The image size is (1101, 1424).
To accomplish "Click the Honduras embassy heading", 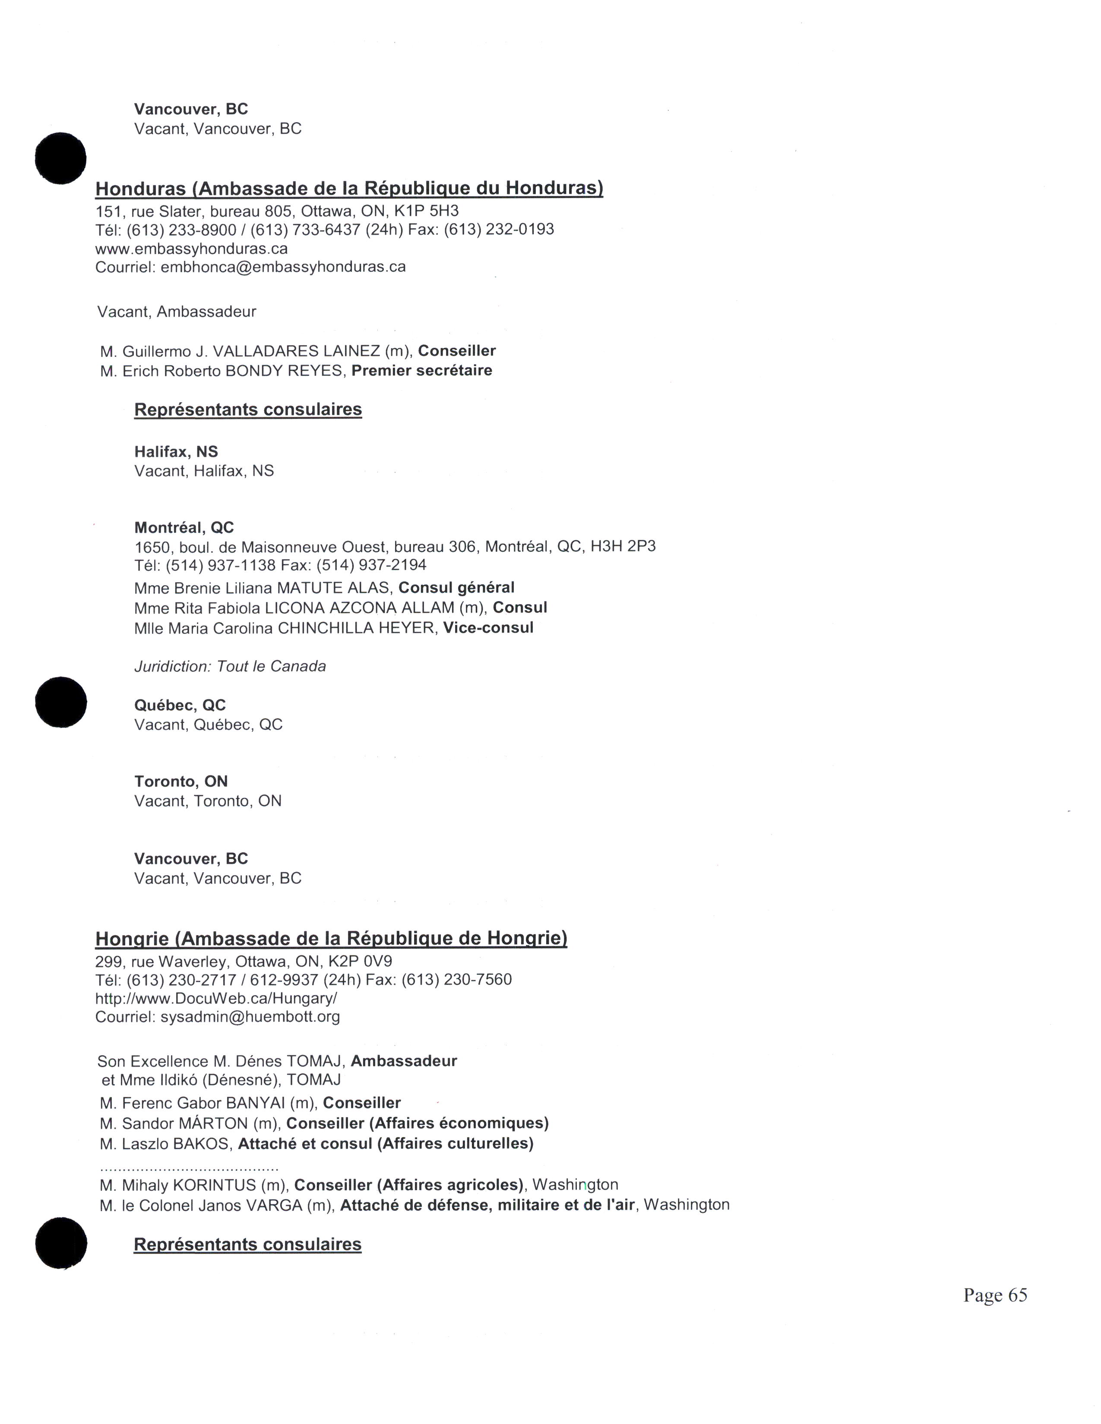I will [x=349, y=189].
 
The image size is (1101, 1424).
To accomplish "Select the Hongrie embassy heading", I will [x=331, y=938].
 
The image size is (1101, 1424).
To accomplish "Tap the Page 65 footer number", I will [x=995, y=1295].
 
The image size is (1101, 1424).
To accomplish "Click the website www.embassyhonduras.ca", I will [x=191, y=249].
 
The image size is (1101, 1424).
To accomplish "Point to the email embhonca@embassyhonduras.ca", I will [x=283, y=267].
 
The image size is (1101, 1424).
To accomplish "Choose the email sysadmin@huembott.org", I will [x=250, y=1017].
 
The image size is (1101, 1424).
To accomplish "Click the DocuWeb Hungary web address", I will [x=216, y=998].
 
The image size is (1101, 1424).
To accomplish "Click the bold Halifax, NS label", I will [x=176, y=452].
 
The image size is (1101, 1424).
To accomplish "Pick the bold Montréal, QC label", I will [x=184, y=527].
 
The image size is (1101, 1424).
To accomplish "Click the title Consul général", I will [x=456, y=587].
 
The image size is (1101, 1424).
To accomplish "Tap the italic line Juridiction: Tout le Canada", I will [x=230, y=666].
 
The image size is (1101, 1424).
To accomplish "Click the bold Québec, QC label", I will [x=180, y=705].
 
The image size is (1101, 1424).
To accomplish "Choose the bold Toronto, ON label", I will [x=180, y=781].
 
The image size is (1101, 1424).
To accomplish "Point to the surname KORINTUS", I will [x=214, y=1185].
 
